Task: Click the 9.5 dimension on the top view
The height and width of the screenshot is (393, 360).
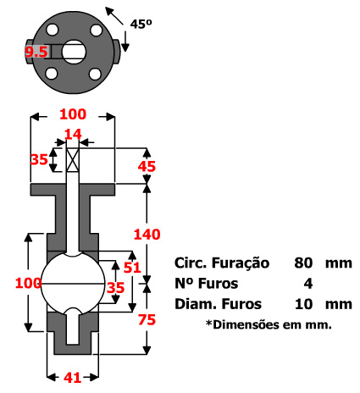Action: coord(36,53)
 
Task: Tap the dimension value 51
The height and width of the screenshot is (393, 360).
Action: coord(134,268)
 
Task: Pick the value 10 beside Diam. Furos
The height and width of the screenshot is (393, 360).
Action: coord(304,303)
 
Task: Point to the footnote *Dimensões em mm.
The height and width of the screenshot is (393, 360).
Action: coord(269,324)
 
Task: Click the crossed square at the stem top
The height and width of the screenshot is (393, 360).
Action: coord(73,158)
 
